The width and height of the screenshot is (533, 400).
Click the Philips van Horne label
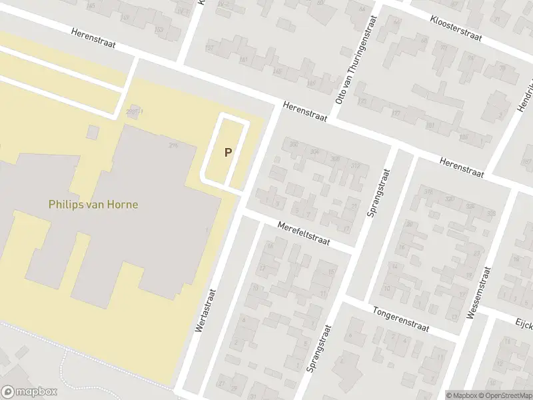(93, 205)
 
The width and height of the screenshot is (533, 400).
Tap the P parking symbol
(228, 152)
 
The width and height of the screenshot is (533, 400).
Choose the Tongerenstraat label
(402, 319)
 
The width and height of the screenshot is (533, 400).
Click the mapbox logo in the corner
(29, 392)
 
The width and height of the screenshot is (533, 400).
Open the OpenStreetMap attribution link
(504, 394)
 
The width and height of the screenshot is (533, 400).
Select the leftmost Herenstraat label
(93, 39)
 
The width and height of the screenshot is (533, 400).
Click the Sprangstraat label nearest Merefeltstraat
(377, 192)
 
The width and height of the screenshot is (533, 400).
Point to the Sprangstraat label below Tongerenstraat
(318, 348)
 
